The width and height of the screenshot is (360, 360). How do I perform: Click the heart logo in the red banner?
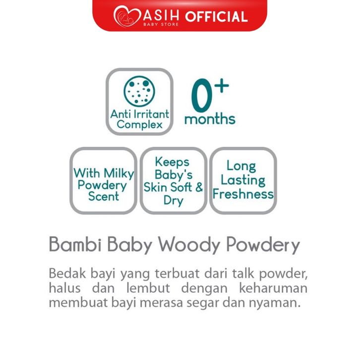[x=127, y=16]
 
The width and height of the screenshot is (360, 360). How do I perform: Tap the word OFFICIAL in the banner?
[x=217, y=17]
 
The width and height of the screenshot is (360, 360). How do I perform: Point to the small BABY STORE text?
[x=161, y=24]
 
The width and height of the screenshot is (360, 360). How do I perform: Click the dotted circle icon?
[x=139, y=91]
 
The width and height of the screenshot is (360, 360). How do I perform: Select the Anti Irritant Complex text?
[x=140, y=120]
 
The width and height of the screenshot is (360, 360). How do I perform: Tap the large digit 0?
[x=201, y=95]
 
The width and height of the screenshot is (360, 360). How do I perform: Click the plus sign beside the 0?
[x=222, y=86]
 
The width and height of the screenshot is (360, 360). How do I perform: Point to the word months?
[x=210, y=119]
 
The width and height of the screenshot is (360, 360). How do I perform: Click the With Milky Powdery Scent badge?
[x=104, y=180]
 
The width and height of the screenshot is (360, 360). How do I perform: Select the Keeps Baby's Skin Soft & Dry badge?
[x=174, y=180]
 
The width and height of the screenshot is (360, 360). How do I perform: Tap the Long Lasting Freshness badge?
[x=243, y=180]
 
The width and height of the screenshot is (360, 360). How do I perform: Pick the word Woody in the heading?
[x=189, y=245]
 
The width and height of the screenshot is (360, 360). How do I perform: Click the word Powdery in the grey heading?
[x=263, y=245]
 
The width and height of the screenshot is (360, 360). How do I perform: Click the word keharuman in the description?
[x=273, y=288]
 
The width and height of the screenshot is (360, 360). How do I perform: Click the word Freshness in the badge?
[x=243, y=194]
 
